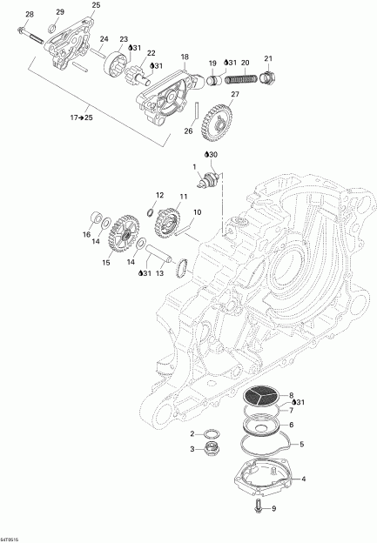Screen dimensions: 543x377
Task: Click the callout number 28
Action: pyautogui.click(x=30, y=15)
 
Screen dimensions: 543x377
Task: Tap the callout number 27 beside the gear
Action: pyautogui.click(x=234, y=93)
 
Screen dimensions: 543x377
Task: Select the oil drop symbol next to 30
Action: pyautogui.click(x=206, y=154)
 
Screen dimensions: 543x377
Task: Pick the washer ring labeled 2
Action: pyautogui.click(x=210, y=432)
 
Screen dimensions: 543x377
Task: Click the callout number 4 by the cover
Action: pyautogui.click(x=303, y=478)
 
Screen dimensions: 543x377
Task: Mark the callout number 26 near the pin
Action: pyautogui.click(x=186, y=131)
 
